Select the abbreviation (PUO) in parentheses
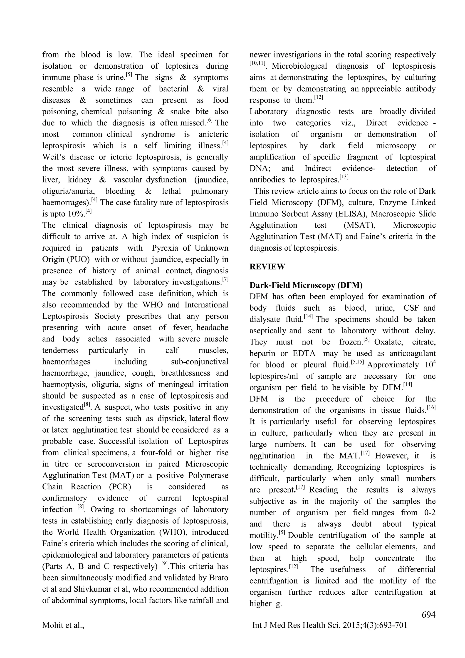[x=78, y=259]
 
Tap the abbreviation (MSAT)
[x=359, y=225]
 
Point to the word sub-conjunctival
[x=200, y=362]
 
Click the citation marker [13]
[x=344, y=178]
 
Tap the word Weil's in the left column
[x=54, y=157]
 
